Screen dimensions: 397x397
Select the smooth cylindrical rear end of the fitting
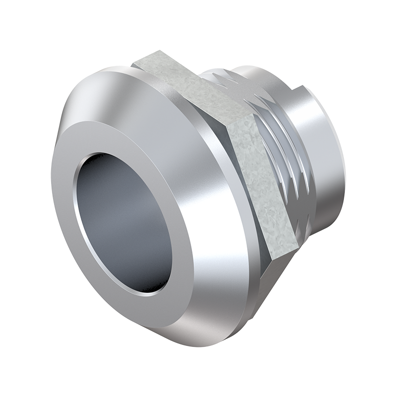(323, 159)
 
